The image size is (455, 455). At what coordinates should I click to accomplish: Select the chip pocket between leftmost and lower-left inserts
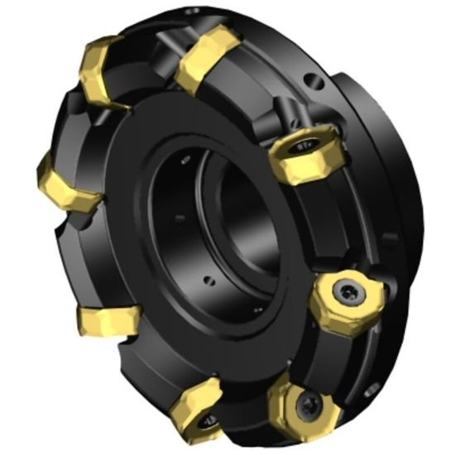pos(70,256)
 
